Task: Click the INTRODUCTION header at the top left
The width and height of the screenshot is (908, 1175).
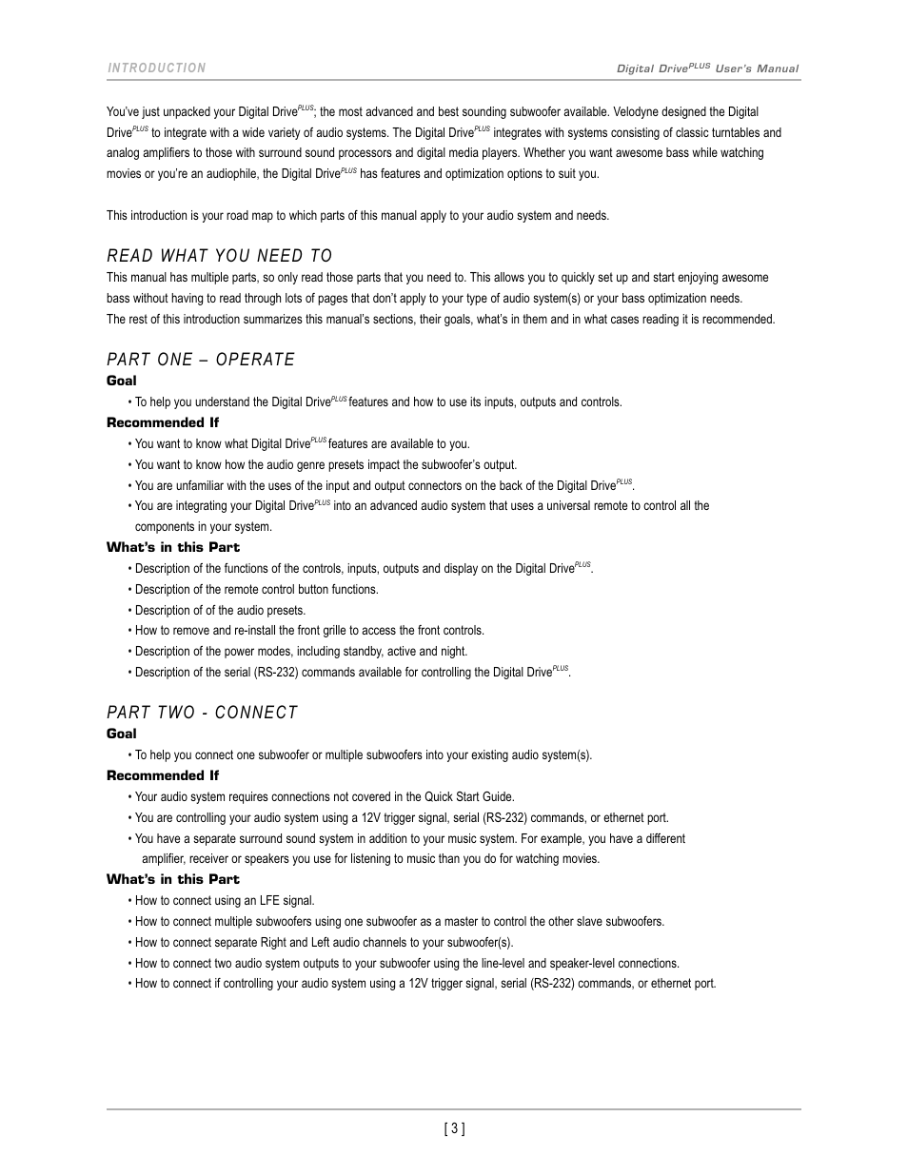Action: [156, 68]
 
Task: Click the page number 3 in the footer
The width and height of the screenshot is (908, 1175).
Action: [454, 1129]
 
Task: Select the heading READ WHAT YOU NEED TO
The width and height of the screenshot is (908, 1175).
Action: [220, 255]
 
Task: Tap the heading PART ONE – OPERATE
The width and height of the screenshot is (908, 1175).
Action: [201, 359]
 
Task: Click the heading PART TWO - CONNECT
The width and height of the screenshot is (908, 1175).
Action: [202, 713]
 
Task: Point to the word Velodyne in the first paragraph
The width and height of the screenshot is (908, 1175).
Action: [646, 112]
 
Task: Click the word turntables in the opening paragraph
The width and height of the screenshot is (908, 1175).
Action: [734, 133]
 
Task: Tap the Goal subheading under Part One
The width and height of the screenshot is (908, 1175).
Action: [121, 381]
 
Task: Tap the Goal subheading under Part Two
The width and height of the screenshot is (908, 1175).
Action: [121, 734]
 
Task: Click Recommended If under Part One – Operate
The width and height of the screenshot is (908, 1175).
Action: [163, 422]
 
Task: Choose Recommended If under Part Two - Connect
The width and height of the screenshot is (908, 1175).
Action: [163, 775]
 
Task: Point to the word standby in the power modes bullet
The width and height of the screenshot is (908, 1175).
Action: [365, 652]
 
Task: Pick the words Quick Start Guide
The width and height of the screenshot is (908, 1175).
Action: [469, 797]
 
